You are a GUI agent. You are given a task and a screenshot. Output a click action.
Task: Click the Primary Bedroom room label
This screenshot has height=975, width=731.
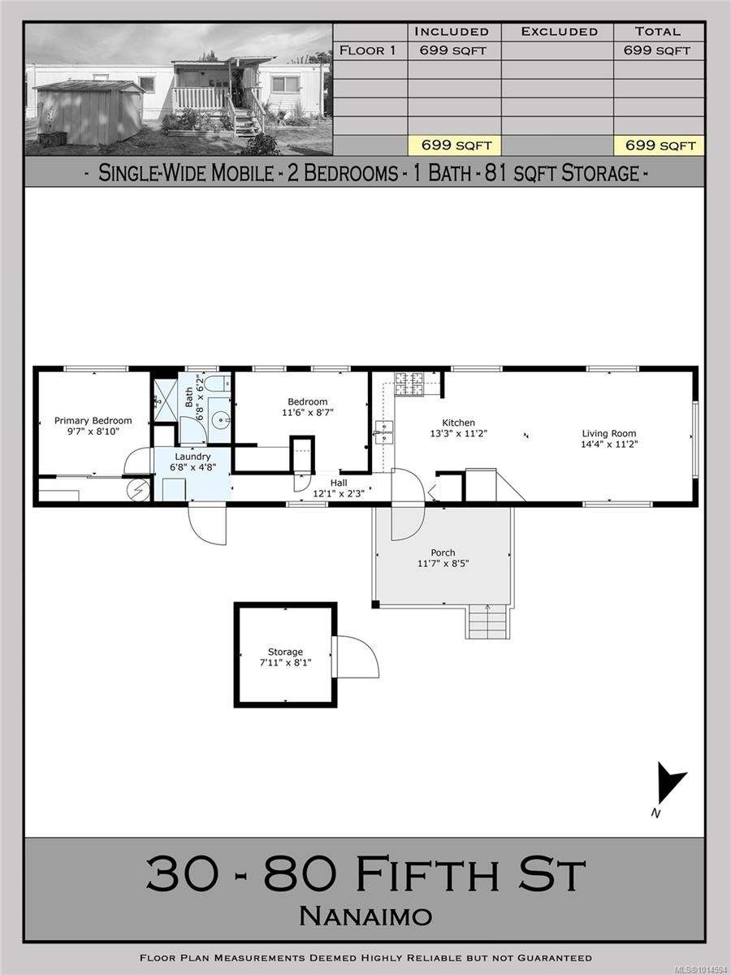point(93,420)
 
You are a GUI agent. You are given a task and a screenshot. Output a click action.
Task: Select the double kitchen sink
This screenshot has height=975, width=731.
point(383,432)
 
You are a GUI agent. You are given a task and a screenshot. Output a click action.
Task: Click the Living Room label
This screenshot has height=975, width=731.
point(608,433)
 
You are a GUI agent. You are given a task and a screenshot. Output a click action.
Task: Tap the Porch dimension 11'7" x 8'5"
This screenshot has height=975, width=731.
point(443,564)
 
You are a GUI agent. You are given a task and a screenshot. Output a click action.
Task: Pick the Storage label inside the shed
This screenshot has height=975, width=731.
point(285,652)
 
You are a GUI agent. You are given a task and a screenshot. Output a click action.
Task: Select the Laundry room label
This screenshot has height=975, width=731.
point(192,457)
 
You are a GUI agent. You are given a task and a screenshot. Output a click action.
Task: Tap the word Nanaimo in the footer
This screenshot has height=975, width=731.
point(365,916)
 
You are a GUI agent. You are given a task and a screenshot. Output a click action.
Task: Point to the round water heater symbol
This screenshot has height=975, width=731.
point(140,490)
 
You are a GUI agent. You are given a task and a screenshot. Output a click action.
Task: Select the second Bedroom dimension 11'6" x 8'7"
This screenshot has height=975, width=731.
point(307,413)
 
